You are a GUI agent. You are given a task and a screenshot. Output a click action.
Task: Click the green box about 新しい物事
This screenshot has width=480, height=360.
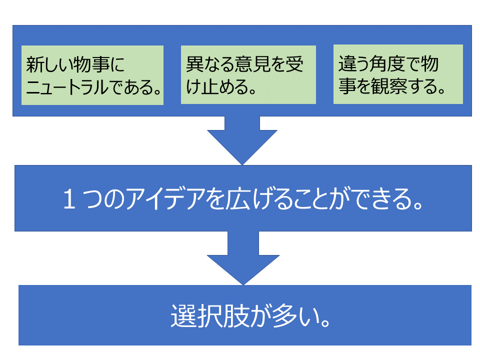pos(92,75)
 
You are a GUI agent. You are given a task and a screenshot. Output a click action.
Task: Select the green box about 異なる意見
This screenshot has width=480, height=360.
pos(248,75)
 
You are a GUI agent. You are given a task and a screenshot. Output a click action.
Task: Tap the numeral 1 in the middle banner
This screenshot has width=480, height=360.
pos(69,200)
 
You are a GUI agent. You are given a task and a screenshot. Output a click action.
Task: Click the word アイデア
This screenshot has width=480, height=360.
pos(154,200)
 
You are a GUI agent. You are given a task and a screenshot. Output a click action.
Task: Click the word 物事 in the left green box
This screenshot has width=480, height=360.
pos(88,64)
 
